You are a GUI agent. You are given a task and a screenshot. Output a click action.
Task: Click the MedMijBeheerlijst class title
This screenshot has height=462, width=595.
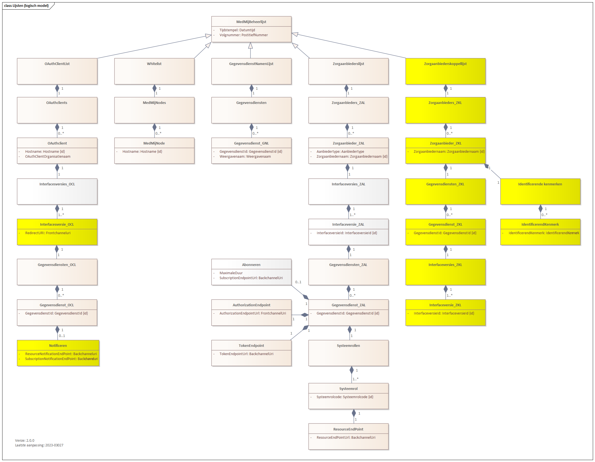tap(251, 22)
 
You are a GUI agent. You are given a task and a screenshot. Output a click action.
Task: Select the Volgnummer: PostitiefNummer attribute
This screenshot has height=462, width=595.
tap(243, 35)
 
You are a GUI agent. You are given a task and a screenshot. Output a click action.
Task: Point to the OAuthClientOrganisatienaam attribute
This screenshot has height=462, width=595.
tap(48, 157)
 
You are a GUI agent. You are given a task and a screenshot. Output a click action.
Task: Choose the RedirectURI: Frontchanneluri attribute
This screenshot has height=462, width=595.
tap(48, 233)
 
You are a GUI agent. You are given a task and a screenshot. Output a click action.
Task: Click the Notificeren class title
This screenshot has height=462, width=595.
tap(58, 345)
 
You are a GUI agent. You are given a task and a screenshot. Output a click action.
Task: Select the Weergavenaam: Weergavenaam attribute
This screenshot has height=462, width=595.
tap(245, 157)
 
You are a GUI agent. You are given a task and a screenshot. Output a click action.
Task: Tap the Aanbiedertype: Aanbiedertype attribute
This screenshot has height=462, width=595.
tap(340, 151)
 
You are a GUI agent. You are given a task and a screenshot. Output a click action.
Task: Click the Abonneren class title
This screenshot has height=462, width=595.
tap(251, 265)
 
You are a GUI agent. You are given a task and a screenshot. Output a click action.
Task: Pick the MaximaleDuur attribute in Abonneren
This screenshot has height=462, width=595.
tap(231, 273)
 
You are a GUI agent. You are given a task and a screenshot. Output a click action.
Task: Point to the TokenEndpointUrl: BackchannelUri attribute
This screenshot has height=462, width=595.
tap(246, 354)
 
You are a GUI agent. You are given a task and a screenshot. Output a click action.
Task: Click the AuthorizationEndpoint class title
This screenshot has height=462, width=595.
tap(251, 305)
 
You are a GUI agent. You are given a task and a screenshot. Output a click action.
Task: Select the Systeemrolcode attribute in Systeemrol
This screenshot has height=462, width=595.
tap(345, 397)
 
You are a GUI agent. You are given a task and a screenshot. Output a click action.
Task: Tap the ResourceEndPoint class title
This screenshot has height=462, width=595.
tap(348, 429)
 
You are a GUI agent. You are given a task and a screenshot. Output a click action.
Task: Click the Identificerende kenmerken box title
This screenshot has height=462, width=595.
tap(540, 184)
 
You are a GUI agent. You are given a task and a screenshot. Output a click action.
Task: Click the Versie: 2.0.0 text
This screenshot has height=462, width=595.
tap(25, 440)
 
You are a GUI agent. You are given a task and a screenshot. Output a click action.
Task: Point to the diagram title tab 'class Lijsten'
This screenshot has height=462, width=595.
tap(26, 5)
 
